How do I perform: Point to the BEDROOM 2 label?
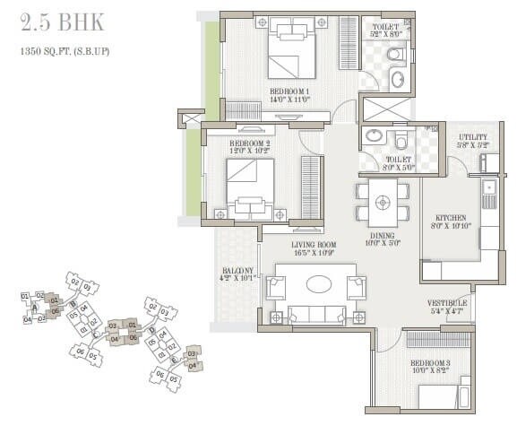tap(251, 143)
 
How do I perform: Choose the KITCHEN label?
tap(452, 218)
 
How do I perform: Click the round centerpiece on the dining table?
tap(383, 202)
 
